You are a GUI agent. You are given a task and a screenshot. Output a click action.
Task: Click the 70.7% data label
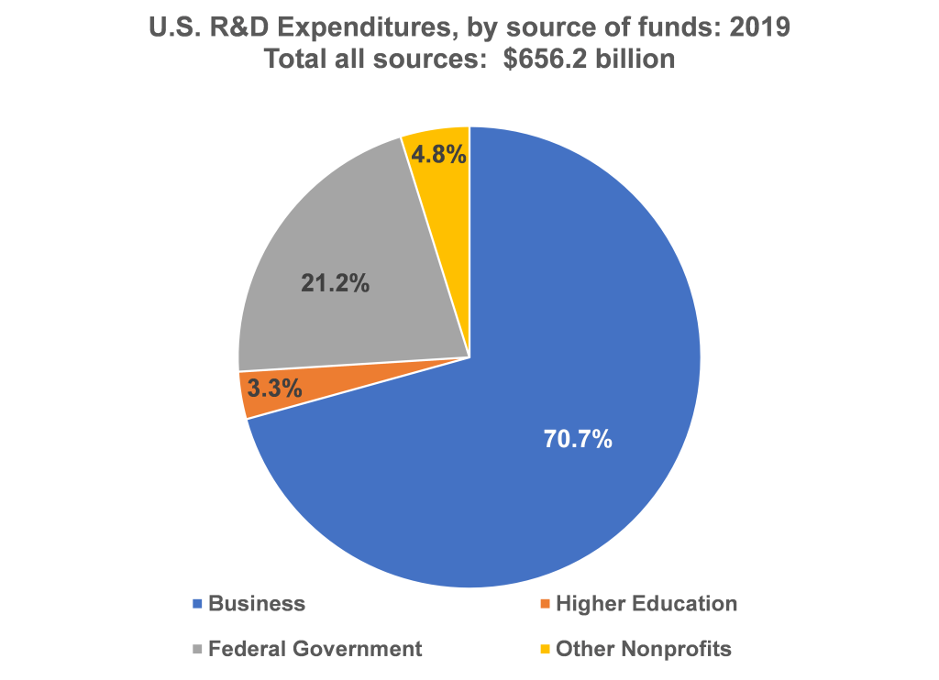point(578,439)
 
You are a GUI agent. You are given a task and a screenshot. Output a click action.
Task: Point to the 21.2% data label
point(336,284)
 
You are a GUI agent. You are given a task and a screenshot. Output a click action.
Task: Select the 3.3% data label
point(275,388)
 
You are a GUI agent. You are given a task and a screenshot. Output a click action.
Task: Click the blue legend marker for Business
point(196,604)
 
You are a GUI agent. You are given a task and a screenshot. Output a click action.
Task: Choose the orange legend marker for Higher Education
point(544,604)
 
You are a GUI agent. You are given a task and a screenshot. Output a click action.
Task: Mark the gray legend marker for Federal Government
point(196,650)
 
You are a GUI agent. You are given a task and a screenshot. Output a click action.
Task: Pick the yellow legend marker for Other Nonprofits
point(544,650)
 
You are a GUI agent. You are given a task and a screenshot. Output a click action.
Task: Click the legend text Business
point(257,604)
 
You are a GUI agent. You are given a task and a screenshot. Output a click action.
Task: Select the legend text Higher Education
point(646,604)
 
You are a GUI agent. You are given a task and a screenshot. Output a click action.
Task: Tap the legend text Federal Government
point(315,650)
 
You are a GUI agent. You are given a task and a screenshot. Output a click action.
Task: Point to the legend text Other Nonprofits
point(644,650)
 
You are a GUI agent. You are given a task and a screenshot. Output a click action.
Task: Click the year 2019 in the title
point(760,27)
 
